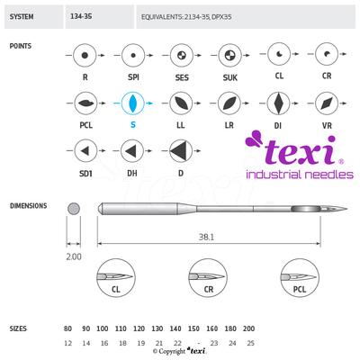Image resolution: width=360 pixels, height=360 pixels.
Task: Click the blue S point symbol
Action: coord(132,103)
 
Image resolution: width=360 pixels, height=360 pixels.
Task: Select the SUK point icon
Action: coord(230,55)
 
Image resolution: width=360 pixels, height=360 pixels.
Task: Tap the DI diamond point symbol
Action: coord(278,103)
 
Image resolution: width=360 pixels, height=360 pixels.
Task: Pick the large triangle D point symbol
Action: coord(181,150)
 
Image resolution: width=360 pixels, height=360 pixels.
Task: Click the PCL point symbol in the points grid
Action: coord(85,103)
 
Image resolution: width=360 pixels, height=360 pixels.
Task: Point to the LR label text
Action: coord(229,125)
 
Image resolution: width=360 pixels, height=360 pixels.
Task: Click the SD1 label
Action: coord(85,174)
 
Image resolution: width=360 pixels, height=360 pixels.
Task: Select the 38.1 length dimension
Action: coord(207,238)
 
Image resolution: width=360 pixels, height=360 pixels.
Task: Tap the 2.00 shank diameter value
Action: coord(74,256)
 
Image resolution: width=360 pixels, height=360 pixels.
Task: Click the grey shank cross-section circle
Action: coord(74,209)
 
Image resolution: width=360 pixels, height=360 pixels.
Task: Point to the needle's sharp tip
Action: coord(347,209)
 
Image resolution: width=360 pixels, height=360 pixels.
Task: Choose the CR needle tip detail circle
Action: coord(208,278)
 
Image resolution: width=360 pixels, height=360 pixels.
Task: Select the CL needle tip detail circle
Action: coord(116,278)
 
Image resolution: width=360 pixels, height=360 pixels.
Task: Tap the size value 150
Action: coord(193,328)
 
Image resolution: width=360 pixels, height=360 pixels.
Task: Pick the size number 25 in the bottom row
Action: coord(250,343)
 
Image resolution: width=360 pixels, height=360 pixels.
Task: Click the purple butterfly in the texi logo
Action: coord(254,139)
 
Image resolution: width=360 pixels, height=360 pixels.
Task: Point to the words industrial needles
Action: coord(300,175)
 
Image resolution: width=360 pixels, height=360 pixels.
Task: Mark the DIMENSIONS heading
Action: coord(29,206)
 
